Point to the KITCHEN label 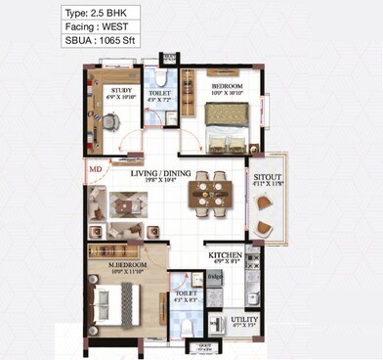pos(225,256)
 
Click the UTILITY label pos(243,320)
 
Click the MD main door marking pos(96,169)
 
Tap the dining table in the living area pos(209,193)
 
